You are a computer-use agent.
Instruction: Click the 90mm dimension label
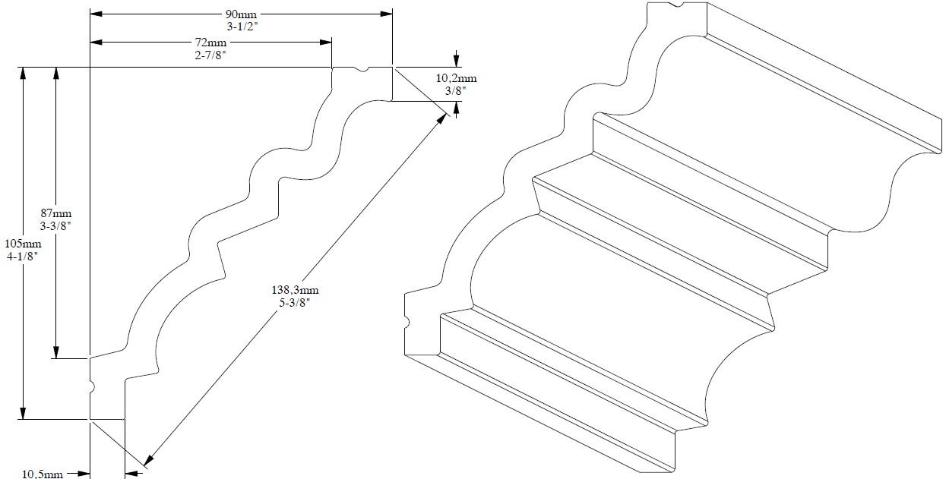[x=241, y=14]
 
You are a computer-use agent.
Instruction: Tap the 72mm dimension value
[x=210, y=43]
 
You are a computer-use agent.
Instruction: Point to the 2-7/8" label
[x=210, y=55]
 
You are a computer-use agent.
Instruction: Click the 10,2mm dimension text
[x=456, y=78]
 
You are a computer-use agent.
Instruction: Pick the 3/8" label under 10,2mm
[x=455, y=91]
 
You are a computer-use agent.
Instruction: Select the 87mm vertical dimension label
[x=55, y=213]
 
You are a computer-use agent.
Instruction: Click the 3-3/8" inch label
[x=55, y=225]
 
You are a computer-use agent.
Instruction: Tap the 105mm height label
[x=23, y=244]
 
